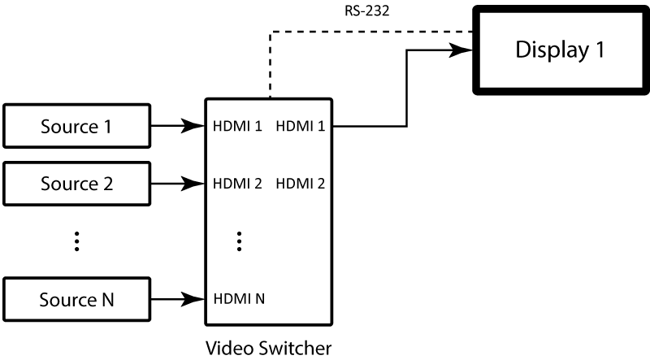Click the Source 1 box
[77, 126]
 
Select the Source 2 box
[77, 183]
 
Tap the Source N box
[77, 299]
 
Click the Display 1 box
[560, 50]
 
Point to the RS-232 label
[362, 11]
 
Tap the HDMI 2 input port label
[237, 184]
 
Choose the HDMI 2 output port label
[301, 184]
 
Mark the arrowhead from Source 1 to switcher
[196, 126]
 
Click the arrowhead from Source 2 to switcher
[196, 184]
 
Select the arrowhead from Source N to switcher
[196, 299]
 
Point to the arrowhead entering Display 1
[466, 50]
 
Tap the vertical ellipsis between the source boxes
[77, 241]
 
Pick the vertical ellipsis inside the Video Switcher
[240, 241]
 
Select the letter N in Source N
[106, 299]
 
